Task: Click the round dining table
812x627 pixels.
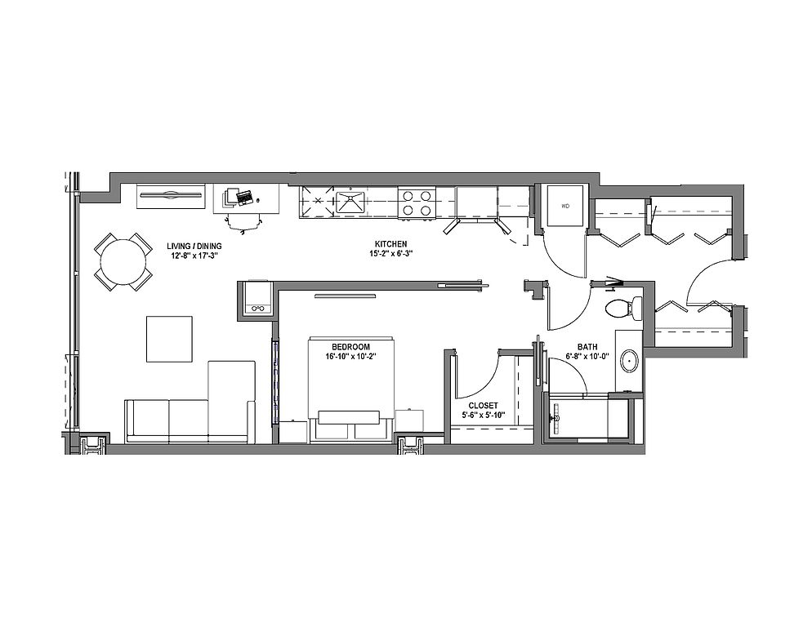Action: coord(123,262)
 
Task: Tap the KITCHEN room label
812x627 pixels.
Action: coord(391,244)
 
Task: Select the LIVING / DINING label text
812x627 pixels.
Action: coord(194,246)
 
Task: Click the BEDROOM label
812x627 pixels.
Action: coord(350,347)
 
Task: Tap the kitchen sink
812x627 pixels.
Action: coord(350,202)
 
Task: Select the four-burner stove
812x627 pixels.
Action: coord(416,203)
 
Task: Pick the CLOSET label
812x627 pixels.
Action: coord(483,406)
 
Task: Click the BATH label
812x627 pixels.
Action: coord(587,347)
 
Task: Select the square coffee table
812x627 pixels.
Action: coord(169,339)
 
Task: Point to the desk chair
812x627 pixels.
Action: coord(243,223)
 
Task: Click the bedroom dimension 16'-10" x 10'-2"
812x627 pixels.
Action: coord(350,356)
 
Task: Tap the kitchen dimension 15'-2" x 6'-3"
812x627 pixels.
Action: coord(391,254)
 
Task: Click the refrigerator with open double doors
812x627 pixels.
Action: coord(476,210)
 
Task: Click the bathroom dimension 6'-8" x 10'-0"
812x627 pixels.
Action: coord(587,356)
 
